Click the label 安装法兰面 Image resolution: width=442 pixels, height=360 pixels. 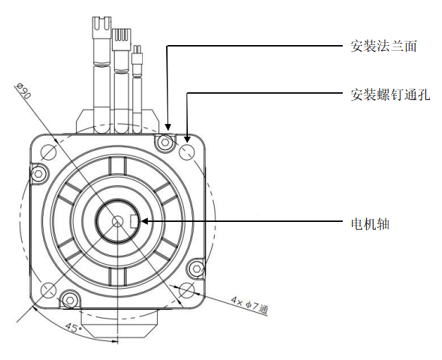coord(384,46)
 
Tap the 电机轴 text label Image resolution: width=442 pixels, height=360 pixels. coord(370,224)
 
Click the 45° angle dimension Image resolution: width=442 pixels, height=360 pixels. coord(72,328)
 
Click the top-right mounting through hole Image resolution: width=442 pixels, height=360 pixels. coord(188,151)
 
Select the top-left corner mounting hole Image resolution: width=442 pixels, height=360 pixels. coord(49,151)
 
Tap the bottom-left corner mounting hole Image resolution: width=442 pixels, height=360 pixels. coord(49,290)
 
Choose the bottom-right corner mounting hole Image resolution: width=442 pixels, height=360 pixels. coord(187,290)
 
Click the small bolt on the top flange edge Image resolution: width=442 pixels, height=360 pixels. coord(165,142)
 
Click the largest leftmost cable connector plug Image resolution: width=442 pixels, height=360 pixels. coord(96,31)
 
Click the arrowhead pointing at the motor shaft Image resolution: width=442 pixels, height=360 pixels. coord(144,221)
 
